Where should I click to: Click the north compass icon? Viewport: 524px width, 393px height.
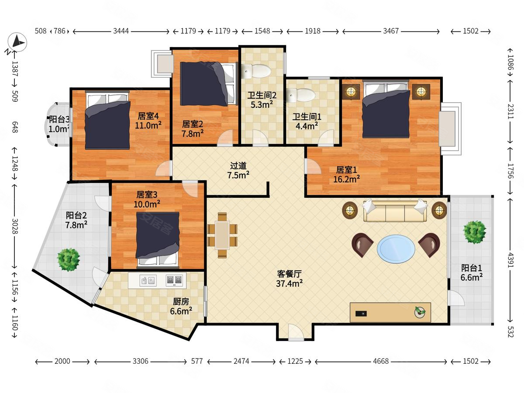coord(17,42)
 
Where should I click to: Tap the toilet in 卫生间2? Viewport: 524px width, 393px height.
coord(256,71)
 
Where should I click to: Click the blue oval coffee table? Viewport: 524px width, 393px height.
coord(396,248)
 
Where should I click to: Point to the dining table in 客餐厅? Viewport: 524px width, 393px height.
coord(222,235)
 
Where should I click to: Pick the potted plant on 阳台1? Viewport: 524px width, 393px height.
coord(474,232)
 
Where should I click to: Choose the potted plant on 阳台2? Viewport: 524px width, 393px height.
coord(69,260)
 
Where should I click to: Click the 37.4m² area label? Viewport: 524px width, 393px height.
coord(290,284)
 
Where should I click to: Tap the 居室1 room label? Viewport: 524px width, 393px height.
coord(346,170)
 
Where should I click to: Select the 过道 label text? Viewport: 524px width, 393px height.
coord(238,166)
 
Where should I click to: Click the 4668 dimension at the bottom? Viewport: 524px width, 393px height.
coord(381,361)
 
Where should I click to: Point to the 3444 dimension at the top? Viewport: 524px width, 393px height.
coord(121,31)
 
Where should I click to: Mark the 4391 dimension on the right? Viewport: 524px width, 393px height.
coord(510,260)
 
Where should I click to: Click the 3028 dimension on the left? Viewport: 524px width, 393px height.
coord(14,226)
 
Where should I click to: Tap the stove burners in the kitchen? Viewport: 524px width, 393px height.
coord(174,280)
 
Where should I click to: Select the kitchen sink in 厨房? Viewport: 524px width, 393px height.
coord(148,280)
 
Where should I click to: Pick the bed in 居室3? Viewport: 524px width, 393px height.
coord(158,239)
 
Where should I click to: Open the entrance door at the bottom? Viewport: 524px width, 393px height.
coord(296,332)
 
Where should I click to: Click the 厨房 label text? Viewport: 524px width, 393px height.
coord(181,302)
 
